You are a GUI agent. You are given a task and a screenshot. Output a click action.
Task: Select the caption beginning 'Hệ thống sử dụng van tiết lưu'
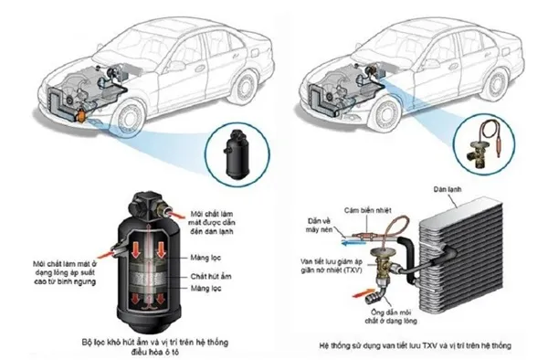click(416, 345)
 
